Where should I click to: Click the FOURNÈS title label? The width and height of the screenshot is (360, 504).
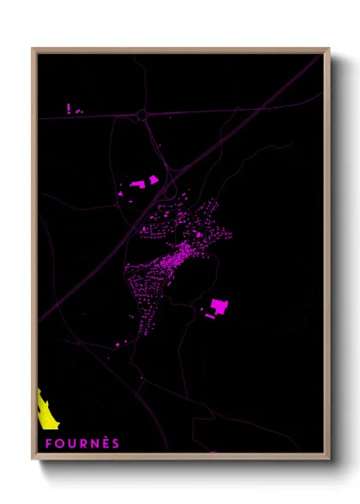(82, 443)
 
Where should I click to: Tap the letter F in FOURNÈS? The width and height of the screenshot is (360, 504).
(48, 443)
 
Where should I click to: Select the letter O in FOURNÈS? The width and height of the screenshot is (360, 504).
(58, 443)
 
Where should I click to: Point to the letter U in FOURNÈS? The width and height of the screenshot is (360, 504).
(70, 443)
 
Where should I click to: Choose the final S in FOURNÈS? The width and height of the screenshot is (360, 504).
(116, 443)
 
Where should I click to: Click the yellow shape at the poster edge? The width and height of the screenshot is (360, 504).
(45, 410)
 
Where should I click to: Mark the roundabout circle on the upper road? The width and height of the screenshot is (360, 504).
(141, 114)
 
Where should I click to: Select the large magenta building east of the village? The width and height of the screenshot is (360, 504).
(219, 306)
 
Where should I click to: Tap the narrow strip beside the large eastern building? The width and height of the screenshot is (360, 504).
(210, 316)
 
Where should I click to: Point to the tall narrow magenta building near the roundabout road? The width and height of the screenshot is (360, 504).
(68, 108)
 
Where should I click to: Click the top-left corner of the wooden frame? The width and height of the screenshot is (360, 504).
(33, 49)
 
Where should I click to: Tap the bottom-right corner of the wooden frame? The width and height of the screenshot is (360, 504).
(328, 458)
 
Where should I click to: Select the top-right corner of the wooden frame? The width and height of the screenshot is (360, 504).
(328, 49)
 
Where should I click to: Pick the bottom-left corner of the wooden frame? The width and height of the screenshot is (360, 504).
(33, 458)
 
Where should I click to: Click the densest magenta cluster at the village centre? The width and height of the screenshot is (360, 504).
(181, 255)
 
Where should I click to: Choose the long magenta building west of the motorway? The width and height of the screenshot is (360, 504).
(136, 183)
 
